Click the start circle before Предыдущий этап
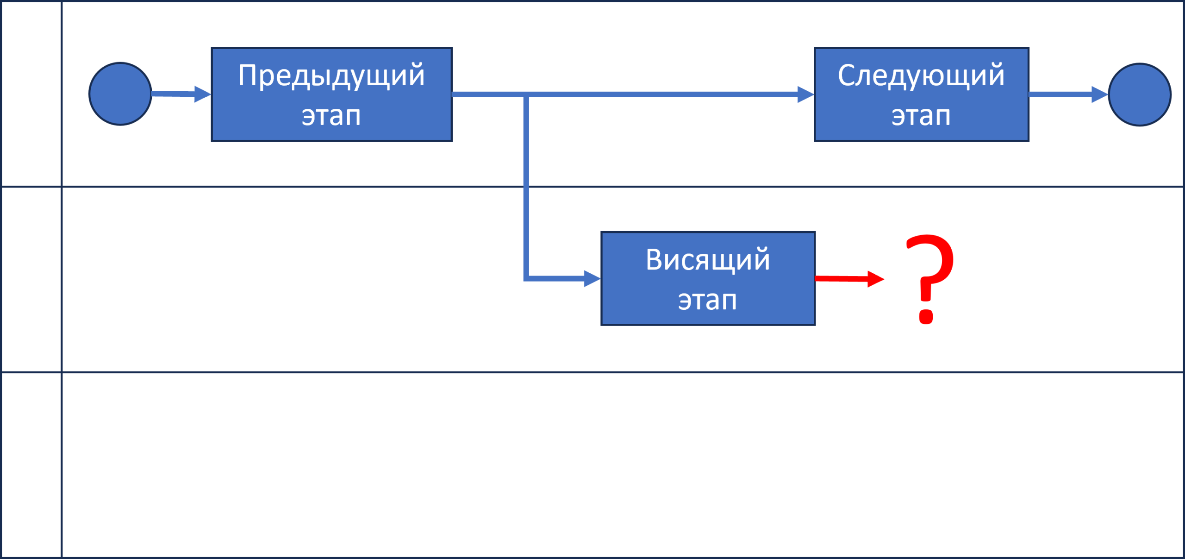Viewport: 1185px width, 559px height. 120,94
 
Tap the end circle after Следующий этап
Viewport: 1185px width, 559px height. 1139,94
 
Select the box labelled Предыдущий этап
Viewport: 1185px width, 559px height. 331,94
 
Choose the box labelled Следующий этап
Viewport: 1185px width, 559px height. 921,94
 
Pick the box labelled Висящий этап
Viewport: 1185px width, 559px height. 708,278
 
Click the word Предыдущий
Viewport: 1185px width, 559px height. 331,75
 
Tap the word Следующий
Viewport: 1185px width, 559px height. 921,75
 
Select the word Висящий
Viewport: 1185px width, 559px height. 708,259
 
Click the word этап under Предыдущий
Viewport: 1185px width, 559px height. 331,115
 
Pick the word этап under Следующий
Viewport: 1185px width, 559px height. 921,115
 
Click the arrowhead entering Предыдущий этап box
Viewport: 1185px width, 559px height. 203,94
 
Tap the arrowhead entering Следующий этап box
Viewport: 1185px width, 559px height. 805,94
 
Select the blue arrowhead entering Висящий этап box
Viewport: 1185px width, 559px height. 592,279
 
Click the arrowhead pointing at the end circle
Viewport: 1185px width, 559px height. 1099,94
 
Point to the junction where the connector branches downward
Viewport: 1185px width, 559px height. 526,94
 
